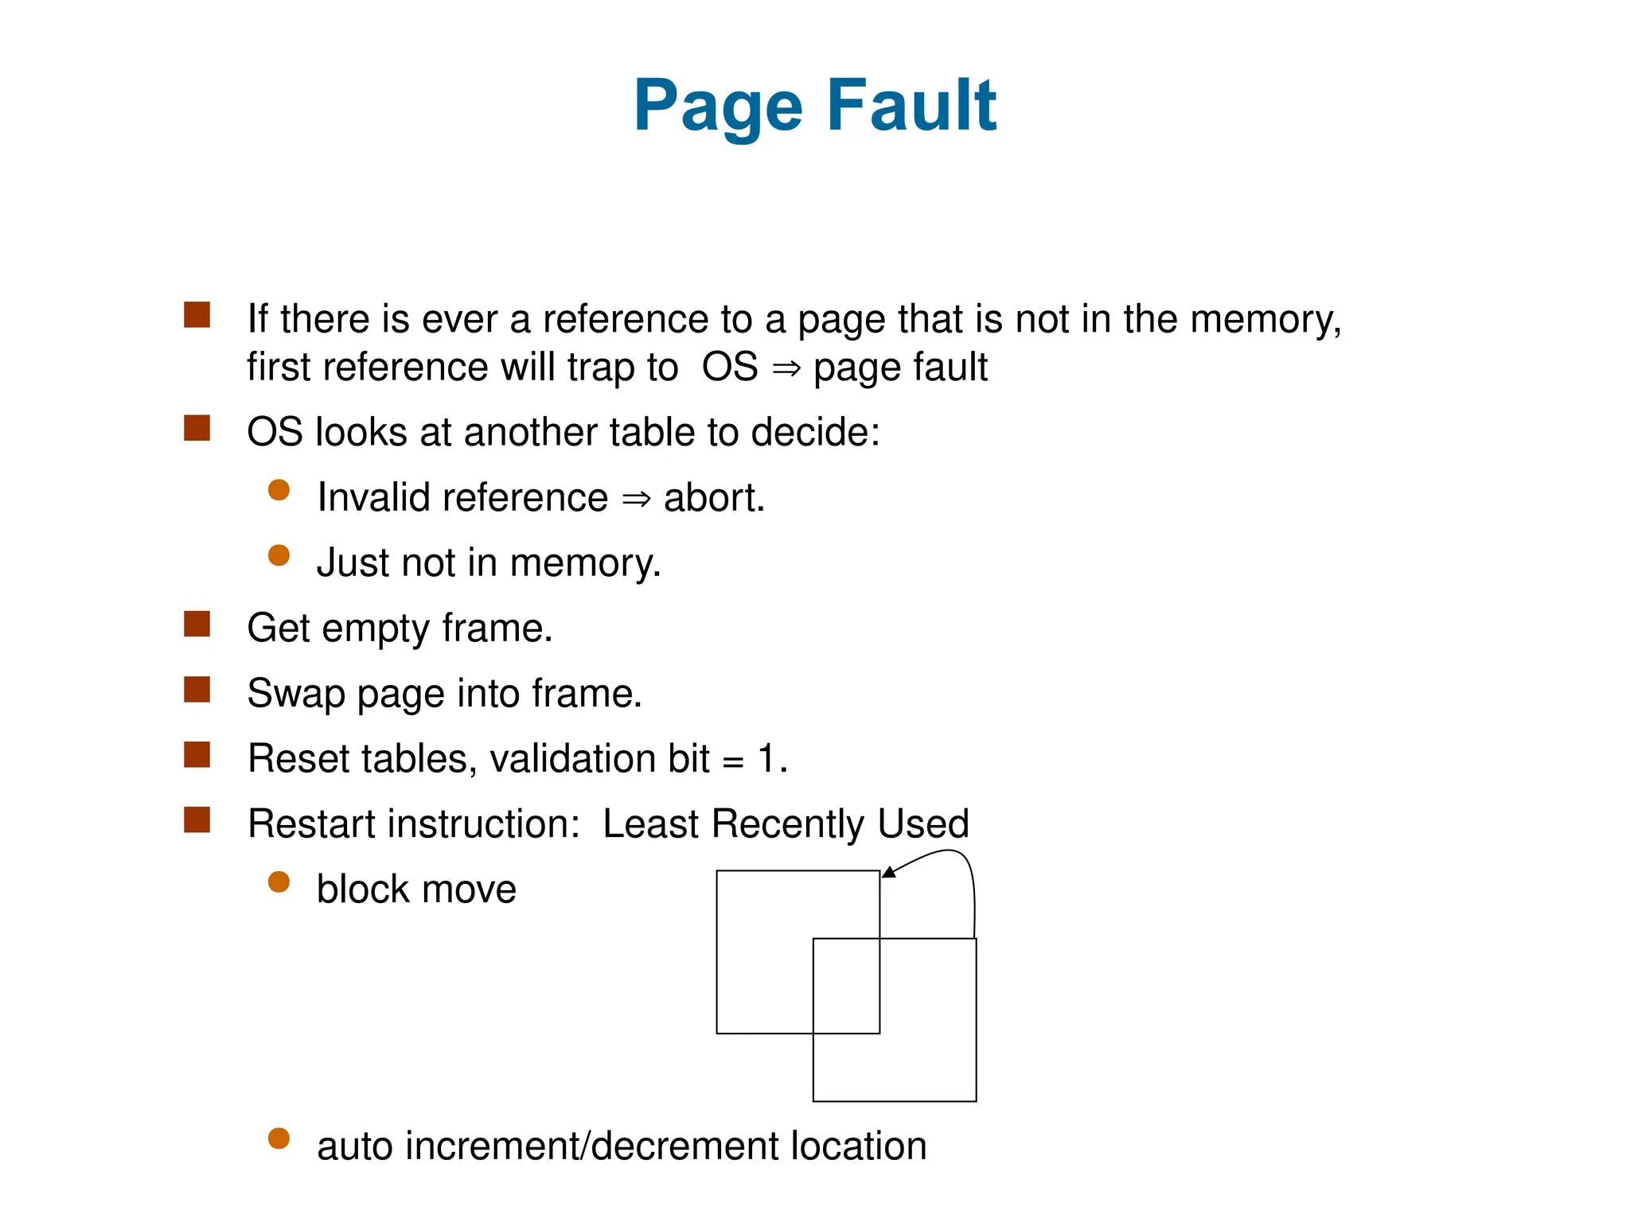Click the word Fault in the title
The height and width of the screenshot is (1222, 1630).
click(x=911, y=105)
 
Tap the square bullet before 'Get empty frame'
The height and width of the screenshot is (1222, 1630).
click(x=197, y=625)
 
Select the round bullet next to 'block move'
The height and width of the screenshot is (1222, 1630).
click(x=279, y=881)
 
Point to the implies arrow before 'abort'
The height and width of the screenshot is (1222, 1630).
click(x=636, y=500)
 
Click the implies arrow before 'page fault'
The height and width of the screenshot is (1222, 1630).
click(x=786, y=369)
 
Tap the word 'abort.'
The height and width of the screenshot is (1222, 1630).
click(x=714, y=498)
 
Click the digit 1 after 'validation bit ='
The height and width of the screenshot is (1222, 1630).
click(x=766, y=758)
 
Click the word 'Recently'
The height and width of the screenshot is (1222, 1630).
click(x=788, y=824)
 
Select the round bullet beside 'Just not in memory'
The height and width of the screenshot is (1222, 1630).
click(x=279, y=555)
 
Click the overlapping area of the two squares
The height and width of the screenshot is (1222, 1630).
click(x=846, y=986)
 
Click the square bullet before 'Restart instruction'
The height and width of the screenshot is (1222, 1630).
click(x=197, y=820)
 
